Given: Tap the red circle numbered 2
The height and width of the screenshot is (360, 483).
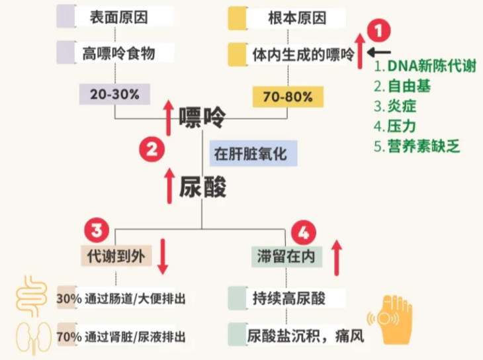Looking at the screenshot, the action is pos(151,149).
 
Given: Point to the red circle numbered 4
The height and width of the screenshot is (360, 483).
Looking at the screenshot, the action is pos(303,232).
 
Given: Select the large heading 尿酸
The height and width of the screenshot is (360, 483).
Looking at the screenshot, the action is pos(202,188).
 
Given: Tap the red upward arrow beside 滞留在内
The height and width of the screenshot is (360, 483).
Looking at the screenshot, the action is pos(336,253).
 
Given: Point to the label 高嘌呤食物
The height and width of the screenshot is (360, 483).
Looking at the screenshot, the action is pos(119,53).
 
